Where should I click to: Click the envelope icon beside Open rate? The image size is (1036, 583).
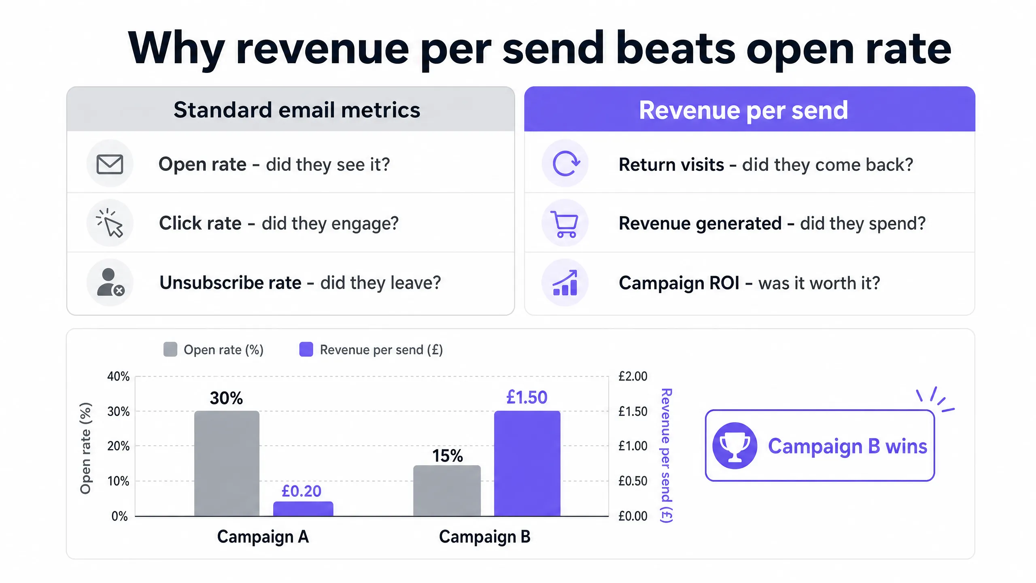coord(110,164)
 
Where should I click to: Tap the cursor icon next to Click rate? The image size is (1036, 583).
coord(110,223)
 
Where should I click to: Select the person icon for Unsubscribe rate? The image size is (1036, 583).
coord(110,282)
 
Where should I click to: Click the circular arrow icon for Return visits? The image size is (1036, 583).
coord(565,164)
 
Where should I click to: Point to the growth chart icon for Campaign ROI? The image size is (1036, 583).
coord(565,283)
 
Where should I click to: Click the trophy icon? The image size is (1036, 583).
coord(735,446)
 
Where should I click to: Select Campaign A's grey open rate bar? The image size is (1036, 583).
coord(227,464)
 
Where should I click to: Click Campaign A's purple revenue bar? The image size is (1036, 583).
coord(303,509)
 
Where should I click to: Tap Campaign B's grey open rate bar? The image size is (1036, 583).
coord(447,491)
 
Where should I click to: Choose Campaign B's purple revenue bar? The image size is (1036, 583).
coord(527,464)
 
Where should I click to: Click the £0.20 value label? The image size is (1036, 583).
coord(301,491)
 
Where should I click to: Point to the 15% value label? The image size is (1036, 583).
coord(448,456)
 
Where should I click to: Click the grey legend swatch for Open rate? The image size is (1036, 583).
coord(170,349)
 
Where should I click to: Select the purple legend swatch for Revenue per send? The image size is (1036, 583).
coord(306,349)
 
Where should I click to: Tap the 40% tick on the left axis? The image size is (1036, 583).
coord(118,377)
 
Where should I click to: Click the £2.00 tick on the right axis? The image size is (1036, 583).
coord(633,377)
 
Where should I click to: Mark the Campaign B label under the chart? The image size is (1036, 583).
coord(485,537)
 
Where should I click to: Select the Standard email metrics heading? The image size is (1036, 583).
coord(297,110)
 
